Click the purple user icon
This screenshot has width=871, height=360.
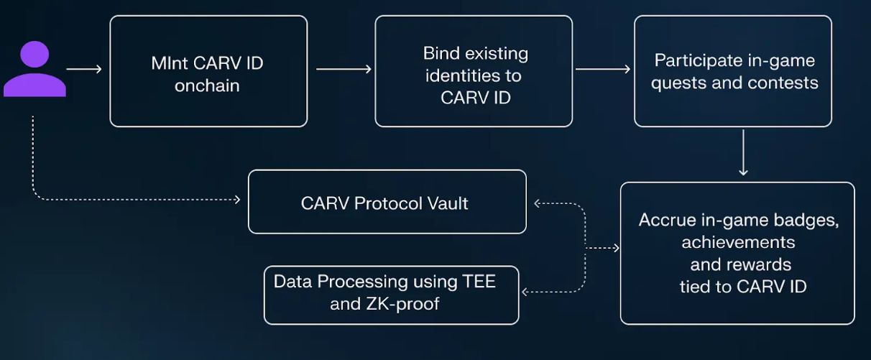coord(34,70)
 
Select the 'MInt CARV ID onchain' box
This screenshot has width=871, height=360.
coord(208,71)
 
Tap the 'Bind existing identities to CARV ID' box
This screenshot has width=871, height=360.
coord(474,71)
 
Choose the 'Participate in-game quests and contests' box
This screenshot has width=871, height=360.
coord(733,71)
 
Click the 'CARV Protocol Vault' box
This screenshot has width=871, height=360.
coord(387,202)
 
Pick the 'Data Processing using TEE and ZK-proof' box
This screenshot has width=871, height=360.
coord(391,295)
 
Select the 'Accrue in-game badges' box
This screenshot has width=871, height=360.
coord(737,253)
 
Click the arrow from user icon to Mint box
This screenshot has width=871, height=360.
coord(84,70)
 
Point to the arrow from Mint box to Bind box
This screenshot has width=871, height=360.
coord(344,70)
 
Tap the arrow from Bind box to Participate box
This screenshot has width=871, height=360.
coord(603,70)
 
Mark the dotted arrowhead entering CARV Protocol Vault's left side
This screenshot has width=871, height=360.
coord(237,199)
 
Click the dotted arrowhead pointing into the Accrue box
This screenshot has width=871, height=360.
coord(615,248)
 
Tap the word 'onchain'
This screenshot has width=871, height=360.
coord(207,86)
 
